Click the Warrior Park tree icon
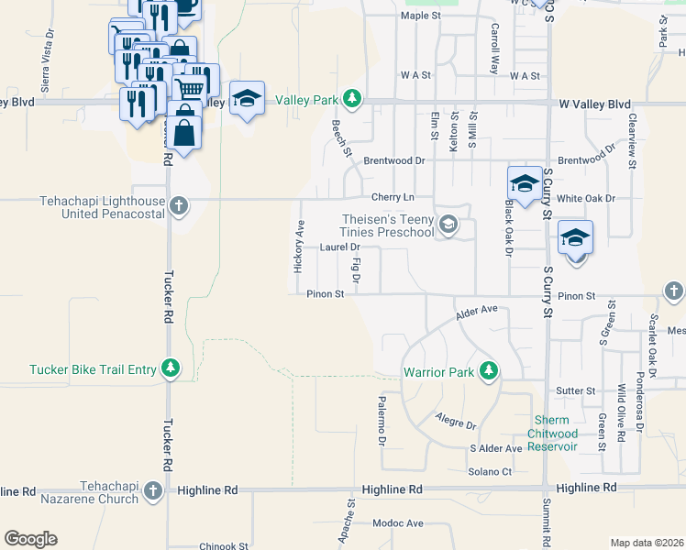click(490, 371)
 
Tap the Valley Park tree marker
click(352, 98)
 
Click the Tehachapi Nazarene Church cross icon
click(152, 492)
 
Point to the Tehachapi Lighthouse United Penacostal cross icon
click(179, 206)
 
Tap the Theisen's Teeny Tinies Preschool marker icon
click(448, 225)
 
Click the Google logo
click(30, 538)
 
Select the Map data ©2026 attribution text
click(647, 543)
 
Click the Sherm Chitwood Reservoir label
click(556, 434)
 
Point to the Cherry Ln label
click(393, 197)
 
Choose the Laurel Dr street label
click(339, 247)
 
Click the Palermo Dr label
click(382, 421)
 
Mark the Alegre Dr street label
click(458, 424)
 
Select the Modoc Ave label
click(398, 523)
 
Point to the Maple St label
click(421, 16)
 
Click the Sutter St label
click(576, 390)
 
